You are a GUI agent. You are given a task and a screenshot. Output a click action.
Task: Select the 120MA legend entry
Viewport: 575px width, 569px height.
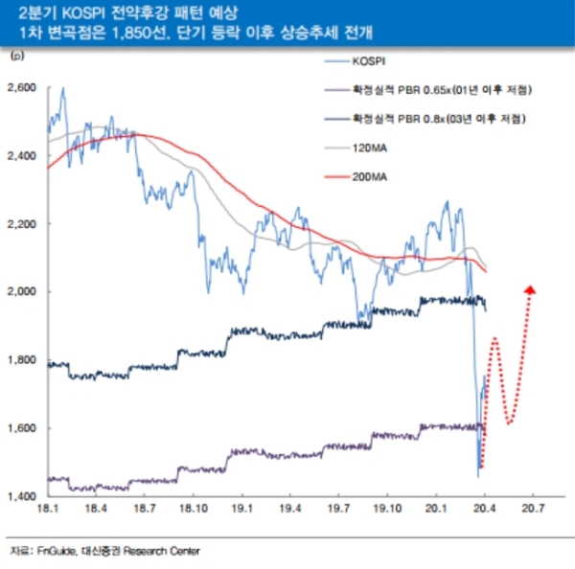coord(370,148)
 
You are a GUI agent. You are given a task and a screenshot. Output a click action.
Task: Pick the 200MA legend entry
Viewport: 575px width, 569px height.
coord(370,177)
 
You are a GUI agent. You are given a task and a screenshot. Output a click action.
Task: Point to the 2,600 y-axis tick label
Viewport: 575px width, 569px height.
coord(21,87)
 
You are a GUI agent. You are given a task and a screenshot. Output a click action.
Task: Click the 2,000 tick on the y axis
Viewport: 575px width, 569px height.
coord(21,291)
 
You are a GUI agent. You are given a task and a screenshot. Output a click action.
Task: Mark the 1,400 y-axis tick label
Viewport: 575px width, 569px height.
coord(21,495)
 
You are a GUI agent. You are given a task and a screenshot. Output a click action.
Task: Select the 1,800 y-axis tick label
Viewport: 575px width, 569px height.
coord(21,360)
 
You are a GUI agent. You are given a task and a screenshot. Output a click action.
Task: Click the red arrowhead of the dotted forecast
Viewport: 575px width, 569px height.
coord(531,288)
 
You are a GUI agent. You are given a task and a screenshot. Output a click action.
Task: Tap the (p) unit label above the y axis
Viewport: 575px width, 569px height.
coord(16,58)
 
